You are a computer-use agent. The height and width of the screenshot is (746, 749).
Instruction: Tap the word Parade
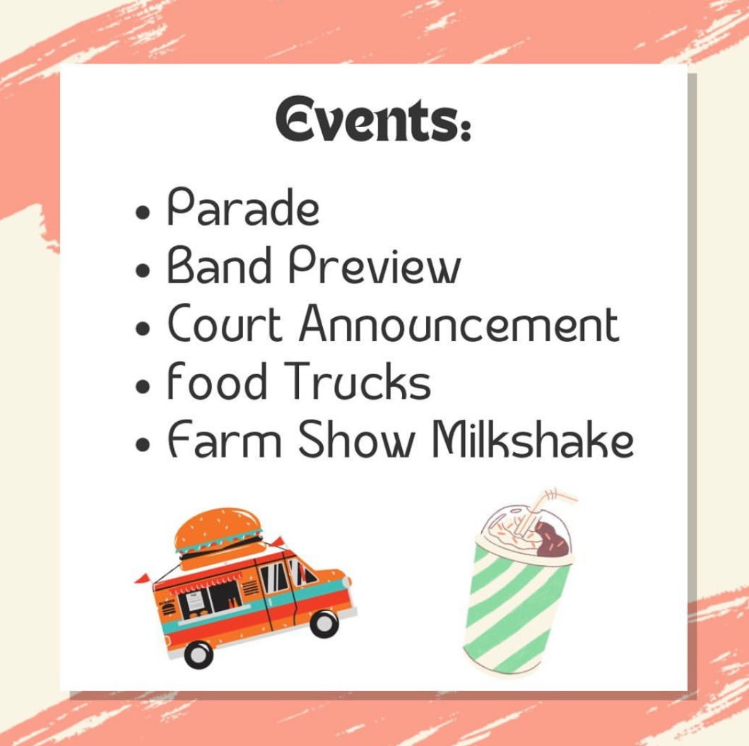tap(242, 208)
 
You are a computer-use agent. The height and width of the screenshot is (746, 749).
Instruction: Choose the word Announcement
tap(459, 325)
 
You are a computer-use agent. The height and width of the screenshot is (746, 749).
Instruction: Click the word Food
tap(217, 383)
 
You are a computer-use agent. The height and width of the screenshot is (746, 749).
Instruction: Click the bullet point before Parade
tap(143, 212)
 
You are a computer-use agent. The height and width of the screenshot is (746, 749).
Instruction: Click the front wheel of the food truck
tap(324, 622)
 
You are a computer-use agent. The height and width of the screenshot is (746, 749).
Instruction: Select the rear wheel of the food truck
tap(198, 653)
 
